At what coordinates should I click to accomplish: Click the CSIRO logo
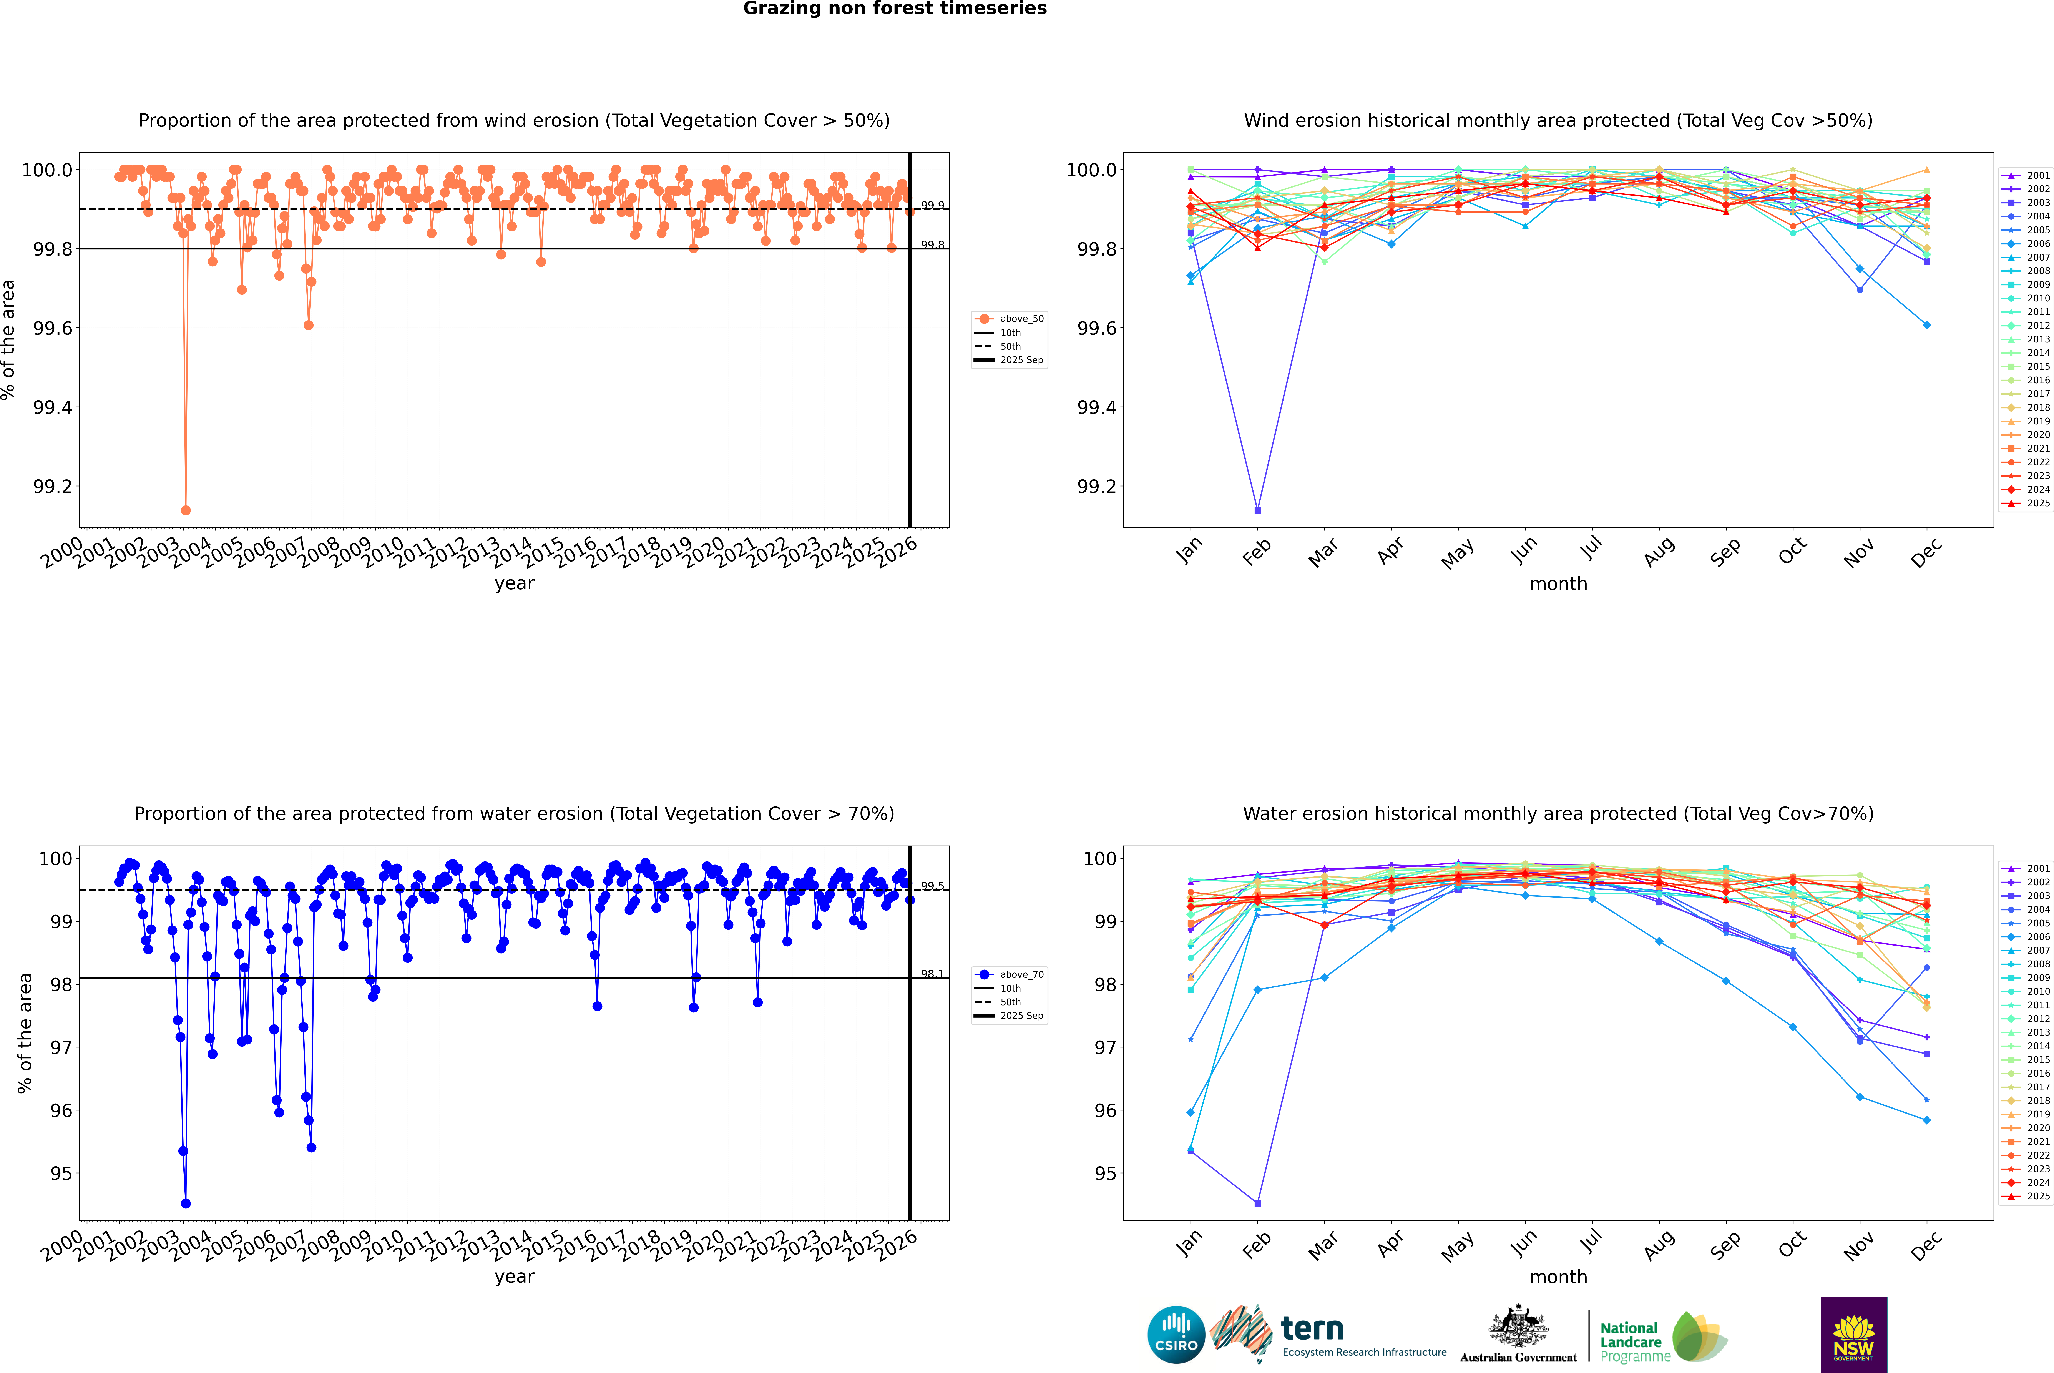coord(1176,1335)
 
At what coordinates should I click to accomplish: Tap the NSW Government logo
coord(1853,1335)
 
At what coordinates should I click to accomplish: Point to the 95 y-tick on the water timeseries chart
coord(61,1173)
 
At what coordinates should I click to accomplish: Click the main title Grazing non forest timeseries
coord(895,9)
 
